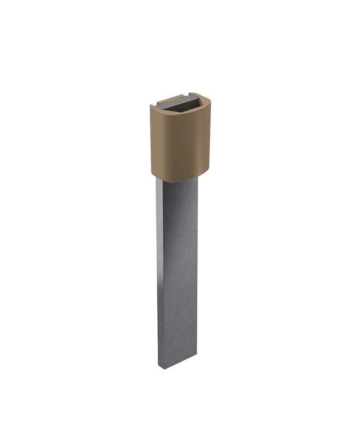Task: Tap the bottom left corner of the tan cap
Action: click(x=152, y=174)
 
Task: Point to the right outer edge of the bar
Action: click(x=197, y=266)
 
